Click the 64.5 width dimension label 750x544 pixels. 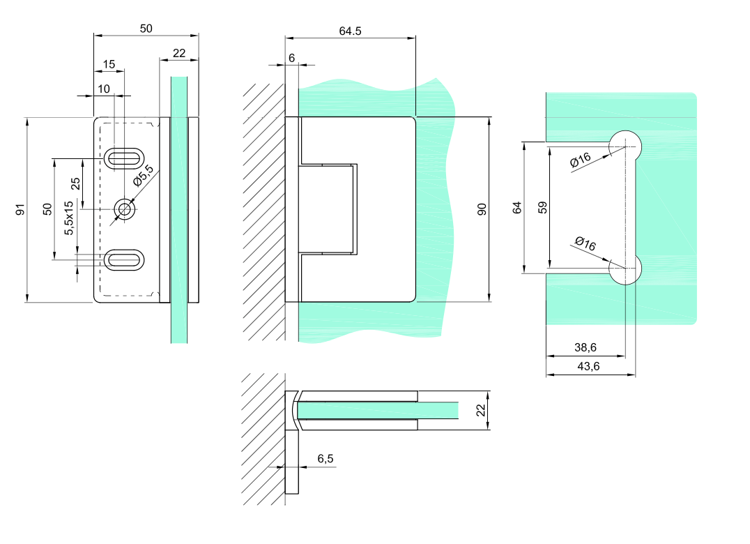[350, 31]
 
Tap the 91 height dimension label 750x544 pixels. [20, 209]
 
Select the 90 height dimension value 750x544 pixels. [481, 209]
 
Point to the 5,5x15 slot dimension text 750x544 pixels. [68, 218]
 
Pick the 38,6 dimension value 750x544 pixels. [584, 347]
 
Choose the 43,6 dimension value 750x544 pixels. [590, 366]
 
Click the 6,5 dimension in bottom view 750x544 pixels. [325, 458]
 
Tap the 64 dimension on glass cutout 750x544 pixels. [516, 207]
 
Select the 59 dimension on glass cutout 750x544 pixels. [543, 207]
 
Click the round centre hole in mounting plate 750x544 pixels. [125, 209]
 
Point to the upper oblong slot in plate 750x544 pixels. [125, 158]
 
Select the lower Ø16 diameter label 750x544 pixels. [586, 244]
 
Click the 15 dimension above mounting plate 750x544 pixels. [109, 64]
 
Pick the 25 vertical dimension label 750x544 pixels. [75, 183]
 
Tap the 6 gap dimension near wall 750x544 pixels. [291, 58]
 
